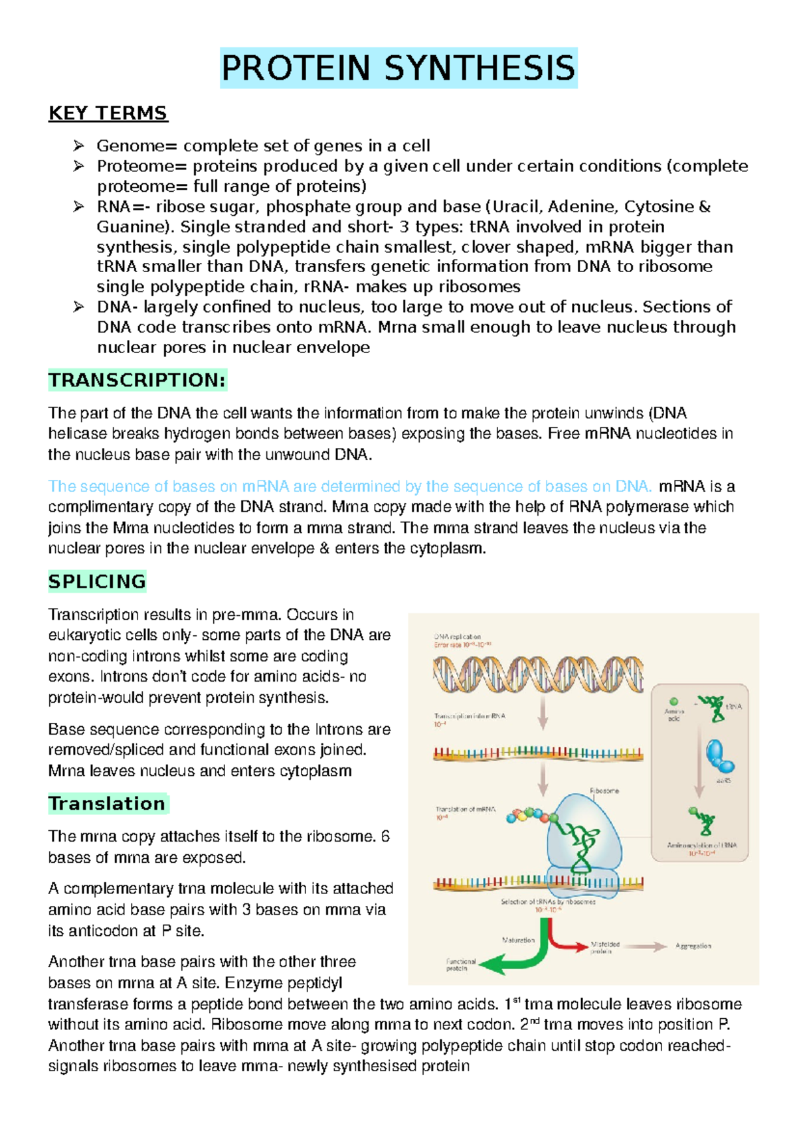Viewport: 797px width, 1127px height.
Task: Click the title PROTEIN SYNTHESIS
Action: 398,68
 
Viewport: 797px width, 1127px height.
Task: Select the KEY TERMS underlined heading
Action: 108,113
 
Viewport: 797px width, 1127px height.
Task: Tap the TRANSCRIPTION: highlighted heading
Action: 137,380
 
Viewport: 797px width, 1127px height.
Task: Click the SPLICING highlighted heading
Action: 97,581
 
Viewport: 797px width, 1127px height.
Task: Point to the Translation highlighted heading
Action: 107,804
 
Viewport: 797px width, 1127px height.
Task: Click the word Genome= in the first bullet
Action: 137,146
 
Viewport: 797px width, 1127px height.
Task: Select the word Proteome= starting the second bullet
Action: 142,166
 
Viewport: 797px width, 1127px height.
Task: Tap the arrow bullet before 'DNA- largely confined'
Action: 78,307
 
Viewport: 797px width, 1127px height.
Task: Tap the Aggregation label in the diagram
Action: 693,946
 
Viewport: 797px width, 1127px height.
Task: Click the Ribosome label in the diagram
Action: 604,791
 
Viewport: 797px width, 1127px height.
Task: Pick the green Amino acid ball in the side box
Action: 673,702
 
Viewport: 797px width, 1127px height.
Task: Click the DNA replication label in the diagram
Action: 457,637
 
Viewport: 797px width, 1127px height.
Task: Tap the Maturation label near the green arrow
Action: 518,940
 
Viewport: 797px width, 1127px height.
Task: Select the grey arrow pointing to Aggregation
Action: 646,946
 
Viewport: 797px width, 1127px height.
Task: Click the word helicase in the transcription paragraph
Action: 70,434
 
